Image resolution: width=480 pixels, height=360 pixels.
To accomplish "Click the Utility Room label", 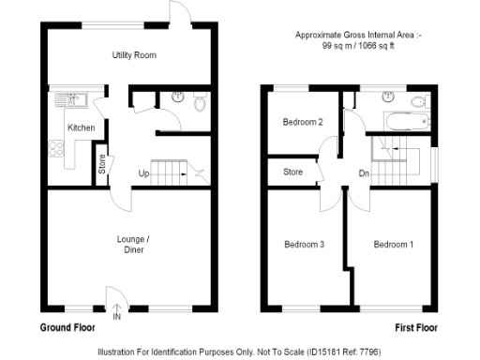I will pyautogui.click(x=133, y=55).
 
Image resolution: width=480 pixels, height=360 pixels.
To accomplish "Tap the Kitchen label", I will pyautogui.click(x=81, y=127).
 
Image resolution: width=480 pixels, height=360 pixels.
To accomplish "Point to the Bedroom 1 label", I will pyautogui.click(x=393, y=245).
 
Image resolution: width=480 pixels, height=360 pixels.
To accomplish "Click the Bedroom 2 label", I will pyautogui.click(x=303, y=122).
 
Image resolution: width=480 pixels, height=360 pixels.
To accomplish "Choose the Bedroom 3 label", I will pyautogui.click(x=304, y=245).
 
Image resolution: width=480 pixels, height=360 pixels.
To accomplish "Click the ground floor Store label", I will pyautogui.click(x=101, y=165).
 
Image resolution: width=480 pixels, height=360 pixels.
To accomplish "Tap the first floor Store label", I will pyautogui.click(x=292, y=172).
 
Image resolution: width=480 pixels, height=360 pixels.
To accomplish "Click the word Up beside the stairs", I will pyautogui.click(x=143, y=173).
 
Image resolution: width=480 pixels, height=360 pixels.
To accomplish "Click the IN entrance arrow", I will pyautogui.click(x=116, y=307).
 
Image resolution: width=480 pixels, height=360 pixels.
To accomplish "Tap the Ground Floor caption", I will pyautogui.click(x=67, y=328).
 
